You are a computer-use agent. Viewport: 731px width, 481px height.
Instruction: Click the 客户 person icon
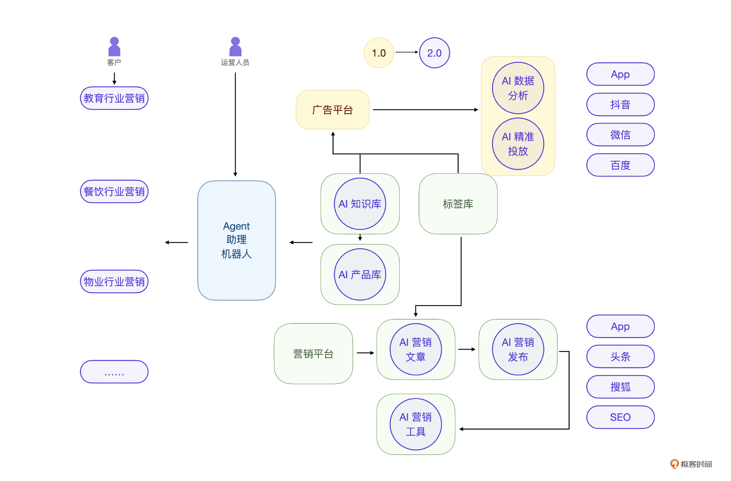(114, 47)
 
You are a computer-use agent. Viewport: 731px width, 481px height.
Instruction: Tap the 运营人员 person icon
(235, 47)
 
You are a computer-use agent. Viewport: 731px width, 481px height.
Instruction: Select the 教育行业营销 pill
(114, 98)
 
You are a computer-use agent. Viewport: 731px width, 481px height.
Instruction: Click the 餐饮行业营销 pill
(114, 191)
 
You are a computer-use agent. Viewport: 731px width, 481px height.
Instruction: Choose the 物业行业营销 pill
(114, 282)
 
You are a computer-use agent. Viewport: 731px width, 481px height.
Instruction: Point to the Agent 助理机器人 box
(236, 240)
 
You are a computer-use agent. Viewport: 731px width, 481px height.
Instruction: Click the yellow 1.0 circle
(379, 53)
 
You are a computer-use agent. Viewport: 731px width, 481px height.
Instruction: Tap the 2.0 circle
(434, 53)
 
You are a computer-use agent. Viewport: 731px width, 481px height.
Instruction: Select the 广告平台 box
(332, 110)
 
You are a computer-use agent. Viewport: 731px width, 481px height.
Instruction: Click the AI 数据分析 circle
(518, 88)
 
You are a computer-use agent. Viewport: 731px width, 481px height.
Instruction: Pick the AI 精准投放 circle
(518, 144)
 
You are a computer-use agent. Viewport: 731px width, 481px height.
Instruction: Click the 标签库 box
(458, 204)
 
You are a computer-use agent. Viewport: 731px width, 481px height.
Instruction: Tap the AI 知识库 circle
(360, 204)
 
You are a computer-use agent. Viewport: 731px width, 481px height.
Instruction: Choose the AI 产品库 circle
(360, 274)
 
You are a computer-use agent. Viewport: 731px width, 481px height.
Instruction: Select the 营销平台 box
(313, 354)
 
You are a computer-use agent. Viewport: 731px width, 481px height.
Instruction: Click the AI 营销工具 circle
(415, 424)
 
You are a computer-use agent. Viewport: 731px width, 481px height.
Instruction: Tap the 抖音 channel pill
(620, 104)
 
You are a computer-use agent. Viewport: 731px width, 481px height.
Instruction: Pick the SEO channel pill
(620, 417)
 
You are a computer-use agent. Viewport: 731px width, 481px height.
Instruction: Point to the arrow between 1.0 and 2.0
(407, 52)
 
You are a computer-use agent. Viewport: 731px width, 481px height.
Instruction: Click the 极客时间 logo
(691, 464)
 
